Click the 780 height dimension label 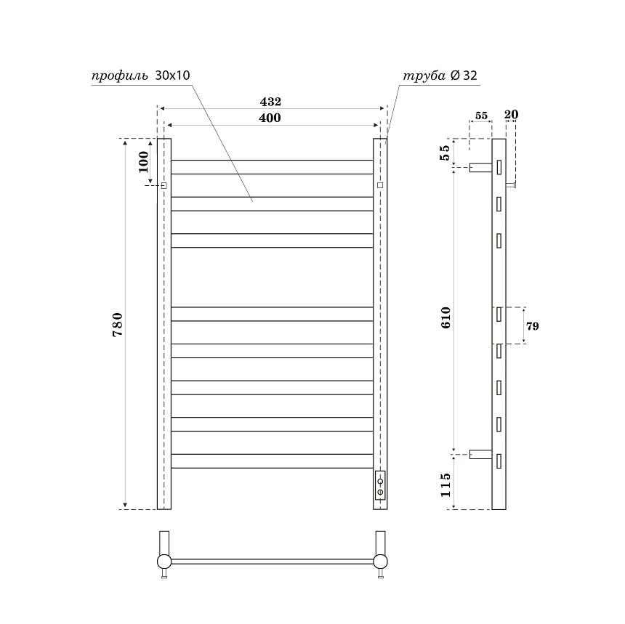[x=118, y=325]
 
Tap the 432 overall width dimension [x=270, y=102]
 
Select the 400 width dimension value [x=270, y=118]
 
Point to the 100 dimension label [x=143, y=162]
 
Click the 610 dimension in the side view [x=445, y=317]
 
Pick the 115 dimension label [x=445, y=485]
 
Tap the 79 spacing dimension [x=532, y=326]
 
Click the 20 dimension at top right [x=511, y=114]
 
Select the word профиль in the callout [x=120, y=76]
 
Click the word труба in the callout [x=424, y=76]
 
